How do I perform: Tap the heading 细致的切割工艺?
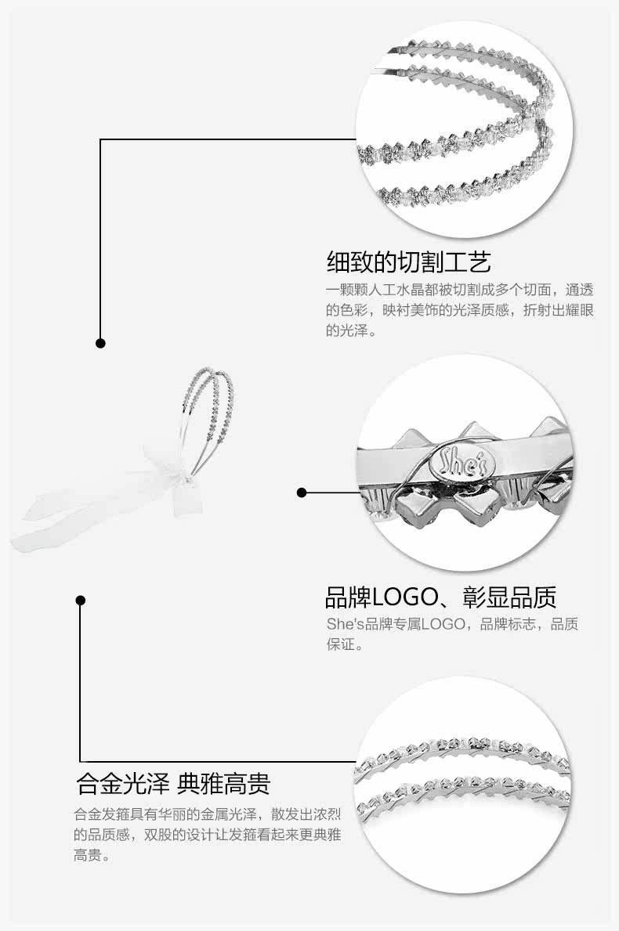tap(408, 262)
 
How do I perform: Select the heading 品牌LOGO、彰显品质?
tap(440, 597)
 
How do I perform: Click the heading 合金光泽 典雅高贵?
tap(173, 783)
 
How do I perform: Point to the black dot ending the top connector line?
tap(100, 343)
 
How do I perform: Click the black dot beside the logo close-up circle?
tap(302, 493)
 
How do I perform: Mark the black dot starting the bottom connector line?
tap(80, 600)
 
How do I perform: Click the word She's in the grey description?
tap(343, 624)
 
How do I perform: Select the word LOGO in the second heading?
tap(404, 597)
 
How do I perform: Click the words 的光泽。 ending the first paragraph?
tap(352, 330)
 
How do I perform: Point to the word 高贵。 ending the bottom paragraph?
tap(92, 856)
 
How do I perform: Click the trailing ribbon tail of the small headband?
tap(47, 525)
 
